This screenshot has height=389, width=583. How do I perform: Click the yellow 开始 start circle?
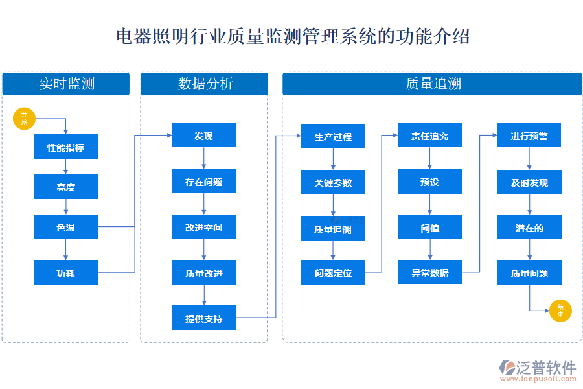(24, 119)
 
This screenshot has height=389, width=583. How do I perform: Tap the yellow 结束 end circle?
(560, 311)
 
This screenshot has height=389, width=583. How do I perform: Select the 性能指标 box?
(65, 147)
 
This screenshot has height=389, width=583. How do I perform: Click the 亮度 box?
(65, 187)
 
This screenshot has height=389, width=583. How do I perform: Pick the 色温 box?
(65, 227)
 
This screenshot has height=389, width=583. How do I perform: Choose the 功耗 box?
(65, 272)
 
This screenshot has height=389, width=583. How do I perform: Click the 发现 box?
(203, 136)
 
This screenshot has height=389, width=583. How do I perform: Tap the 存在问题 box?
(203, 182)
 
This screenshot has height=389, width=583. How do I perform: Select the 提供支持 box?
(203, 318)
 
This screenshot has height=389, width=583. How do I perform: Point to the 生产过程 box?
(333, 136)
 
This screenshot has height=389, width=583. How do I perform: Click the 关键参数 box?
(333, 182)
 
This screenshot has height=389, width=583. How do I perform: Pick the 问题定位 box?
(333, 272)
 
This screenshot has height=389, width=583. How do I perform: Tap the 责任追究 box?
(429, 136)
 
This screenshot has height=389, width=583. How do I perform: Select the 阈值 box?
(429, 228)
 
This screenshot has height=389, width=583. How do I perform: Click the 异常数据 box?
(429, 272)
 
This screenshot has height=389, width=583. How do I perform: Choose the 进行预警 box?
(529, 136)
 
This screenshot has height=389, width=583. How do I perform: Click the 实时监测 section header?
(66, 84)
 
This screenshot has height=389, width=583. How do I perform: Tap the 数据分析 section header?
(204, 84)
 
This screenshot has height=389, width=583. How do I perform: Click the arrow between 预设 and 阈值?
(429, 205)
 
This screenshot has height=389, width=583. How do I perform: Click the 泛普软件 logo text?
(545, 368)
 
